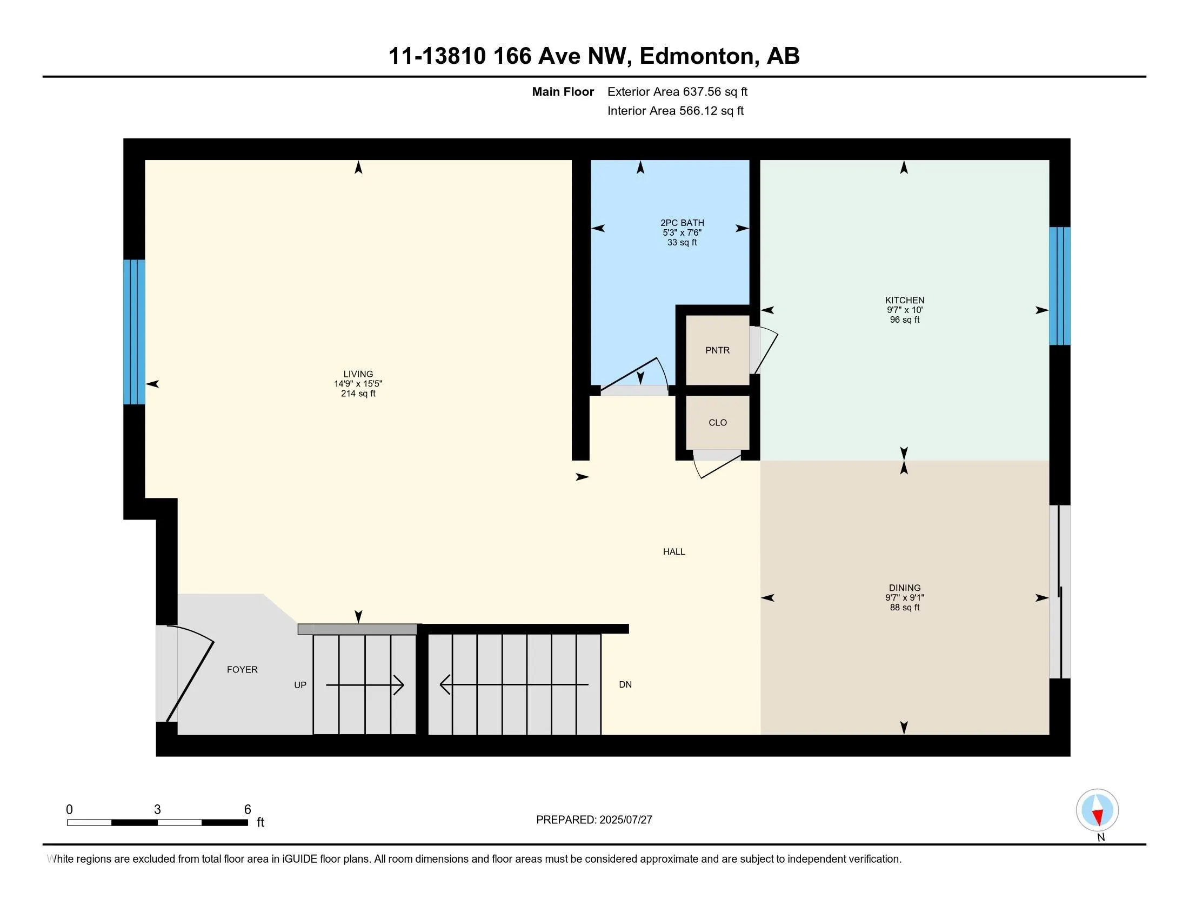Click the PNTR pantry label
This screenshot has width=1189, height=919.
pos(717,350)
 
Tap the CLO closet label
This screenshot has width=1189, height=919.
pos(718,423)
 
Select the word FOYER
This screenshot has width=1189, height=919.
pos(242,670)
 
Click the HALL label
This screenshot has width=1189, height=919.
pos(674,551)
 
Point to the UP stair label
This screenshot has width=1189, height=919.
pos(300,685)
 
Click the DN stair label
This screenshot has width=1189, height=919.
pos(625,684)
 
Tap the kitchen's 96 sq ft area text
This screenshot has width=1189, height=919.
pos(904,319)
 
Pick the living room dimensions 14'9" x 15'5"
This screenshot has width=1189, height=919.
pos(358,384)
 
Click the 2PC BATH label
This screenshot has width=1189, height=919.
pos(682,223)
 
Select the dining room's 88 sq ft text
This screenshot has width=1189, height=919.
pos(904,607)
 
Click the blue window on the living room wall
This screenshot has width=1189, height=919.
pos(134,332)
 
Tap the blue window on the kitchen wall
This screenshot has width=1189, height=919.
pos(1059,286)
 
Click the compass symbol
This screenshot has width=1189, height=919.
pos(1097,810)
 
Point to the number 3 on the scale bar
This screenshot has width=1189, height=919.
pos(157,810)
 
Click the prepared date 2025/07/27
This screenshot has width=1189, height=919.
pos(625,820)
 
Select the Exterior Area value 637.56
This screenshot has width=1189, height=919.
pos(700,92)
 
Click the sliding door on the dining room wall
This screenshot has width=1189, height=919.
pos(1059,592)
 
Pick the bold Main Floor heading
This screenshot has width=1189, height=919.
pos(563,92)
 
